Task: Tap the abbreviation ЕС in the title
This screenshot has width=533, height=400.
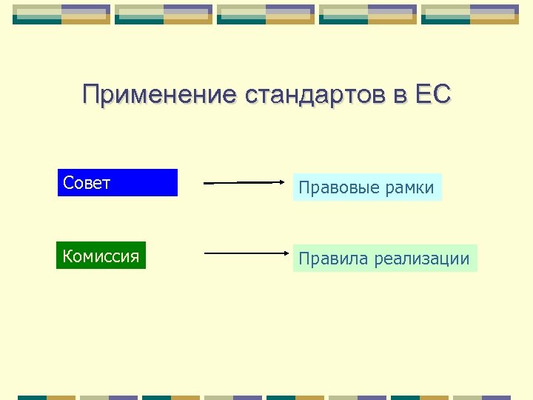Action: tap(433, 95)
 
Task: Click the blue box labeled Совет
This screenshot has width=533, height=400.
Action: tap(118, 183)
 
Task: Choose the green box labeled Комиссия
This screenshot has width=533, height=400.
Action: tap(101, 256)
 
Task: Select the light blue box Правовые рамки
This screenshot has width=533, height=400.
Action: tap(366, 187)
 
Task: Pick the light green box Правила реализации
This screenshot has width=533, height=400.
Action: tap(384, 259)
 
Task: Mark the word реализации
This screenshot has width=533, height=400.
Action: tap(422, 259)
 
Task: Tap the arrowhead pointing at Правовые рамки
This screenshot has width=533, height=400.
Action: tap(281, 182)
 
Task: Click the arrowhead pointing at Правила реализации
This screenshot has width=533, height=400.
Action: tap(281, 253)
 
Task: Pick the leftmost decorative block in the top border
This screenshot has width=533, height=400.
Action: tap(61, 14)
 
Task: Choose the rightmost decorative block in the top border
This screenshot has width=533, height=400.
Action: tap(470, 14)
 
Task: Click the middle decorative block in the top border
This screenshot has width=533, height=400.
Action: tap(266, 14)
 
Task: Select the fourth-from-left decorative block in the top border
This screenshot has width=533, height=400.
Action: tap(368, 14)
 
